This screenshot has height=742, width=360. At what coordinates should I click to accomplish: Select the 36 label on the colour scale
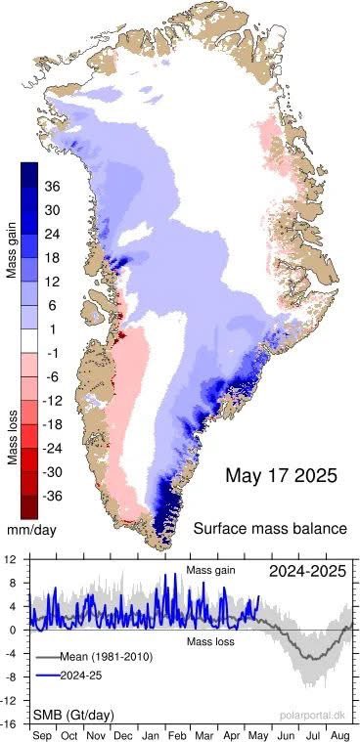54,186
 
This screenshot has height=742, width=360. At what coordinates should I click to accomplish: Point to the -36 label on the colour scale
54,495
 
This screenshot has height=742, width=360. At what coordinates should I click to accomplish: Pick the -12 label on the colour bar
54,401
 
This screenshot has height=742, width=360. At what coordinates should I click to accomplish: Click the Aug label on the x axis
338,733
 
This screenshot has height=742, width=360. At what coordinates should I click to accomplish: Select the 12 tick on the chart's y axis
10,560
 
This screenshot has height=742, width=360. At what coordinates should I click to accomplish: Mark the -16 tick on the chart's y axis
10,724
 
